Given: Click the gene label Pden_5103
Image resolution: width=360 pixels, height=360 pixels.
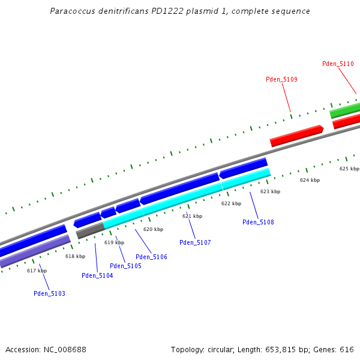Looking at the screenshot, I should click(49, 293).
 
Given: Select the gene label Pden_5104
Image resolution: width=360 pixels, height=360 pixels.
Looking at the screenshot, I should click(97, 275).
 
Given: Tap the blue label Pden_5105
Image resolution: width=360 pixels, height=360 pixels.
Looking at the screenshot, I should click(125, 266).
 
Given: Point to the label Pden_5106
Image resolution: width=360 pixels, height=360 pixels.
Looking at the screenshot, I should click(151, 257).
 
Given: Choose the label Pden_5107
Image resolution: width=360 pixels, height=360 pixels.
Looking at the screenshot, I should click(195, 242).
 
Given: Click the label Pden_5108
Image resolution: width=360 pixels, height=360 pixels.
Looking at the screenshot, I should click(258, 222).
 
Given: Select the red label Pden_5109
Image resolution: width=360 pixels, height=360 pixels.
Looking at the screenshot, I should click(281, 79).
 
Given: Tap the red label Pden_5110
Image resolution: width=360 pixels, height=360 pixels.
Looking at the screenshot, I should click(338, 64).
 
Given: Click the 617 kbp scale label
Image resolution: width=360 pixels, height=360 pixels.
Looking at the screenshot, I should click(37, 271).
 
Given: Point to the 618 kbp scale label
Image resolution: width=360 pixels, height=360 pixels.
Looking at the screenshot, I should click(75, 256).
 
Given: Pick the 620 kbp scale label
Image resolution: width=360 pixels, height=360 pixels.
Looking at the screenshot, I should click(153, 229).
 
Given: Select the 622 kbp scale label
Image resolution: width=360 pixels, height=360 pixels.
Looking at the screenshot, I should click(231, 203).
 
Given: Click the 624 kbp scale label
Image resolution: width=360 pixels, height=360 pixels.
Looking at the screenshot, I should click(310, 180).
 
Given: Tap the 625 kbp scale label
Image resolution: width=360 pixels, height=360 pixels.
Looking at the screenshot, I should click(349, 169).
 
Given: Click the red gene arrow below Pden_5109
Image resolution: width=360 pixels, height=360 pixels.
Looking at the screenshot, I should click(296, 136).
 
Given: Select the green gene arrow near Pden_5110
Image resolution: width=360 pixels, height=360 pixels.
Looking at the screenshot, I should click(345, 110).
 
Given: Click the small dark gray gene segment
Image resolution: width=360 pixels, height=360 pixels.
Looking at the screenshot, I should click(90, 230).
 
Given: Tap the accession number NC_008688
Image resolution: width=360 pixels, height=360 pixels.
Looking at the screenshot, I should click(64, 349).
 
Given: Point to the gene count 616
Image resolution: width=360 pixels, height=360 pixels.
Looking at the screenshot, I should click(349, 349).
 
